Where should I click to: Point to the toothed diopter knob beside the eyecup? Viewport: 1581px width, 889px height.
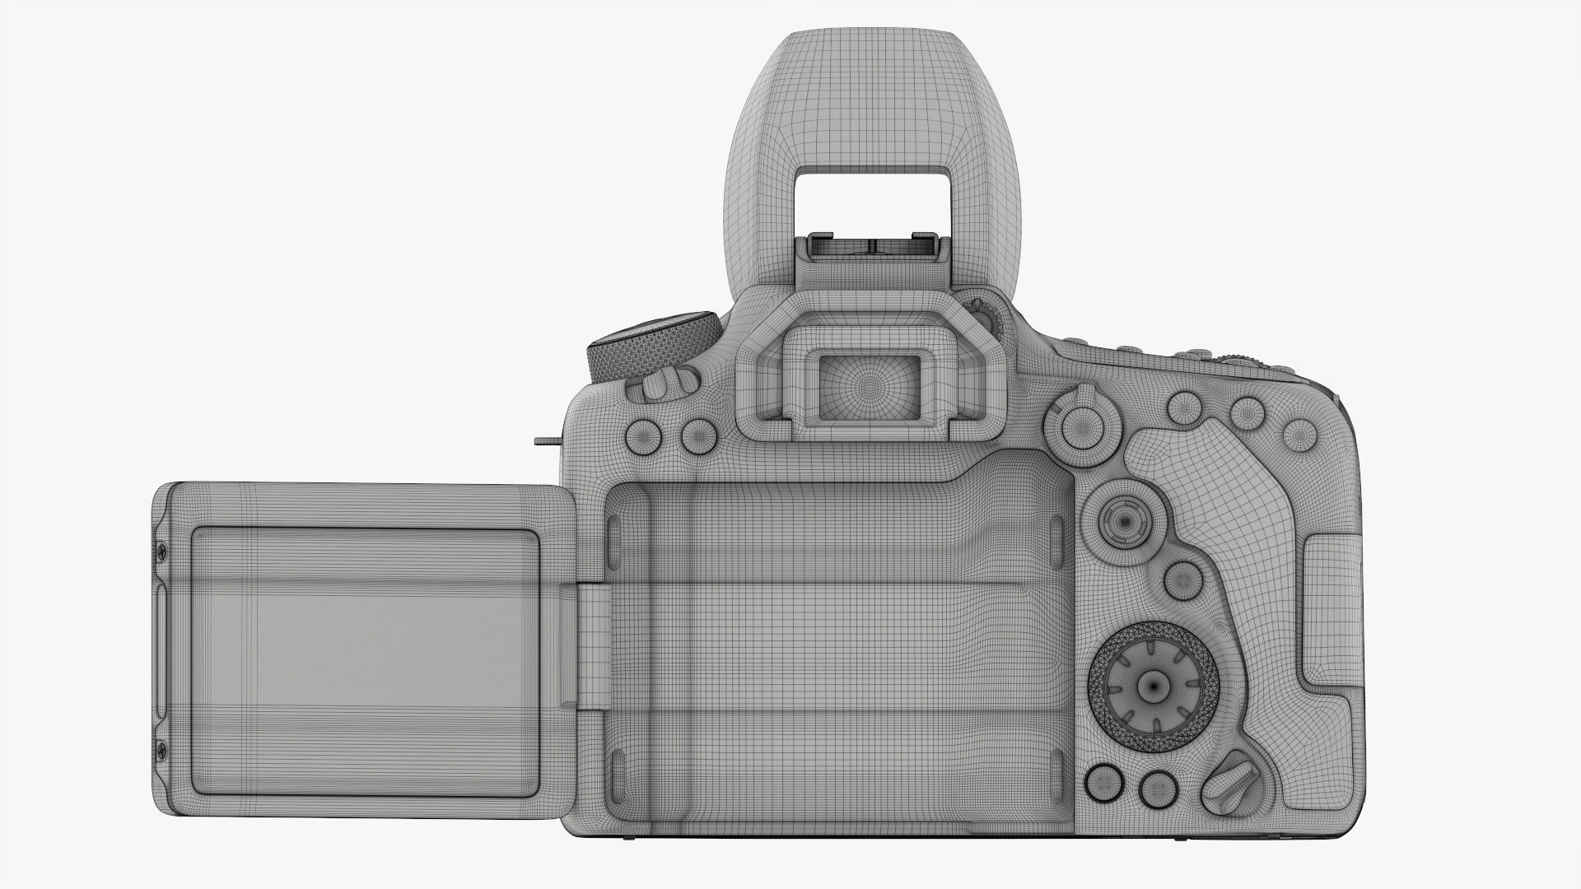coord(986,316)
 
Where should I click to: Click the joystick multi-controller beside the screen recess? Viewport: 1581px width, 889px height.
coord(1122,520)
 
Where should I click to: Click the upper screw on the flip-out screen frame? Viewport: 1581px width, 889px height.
coord(162,549)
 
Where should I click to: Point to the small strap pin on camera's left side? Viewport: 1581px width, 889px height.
coord(545,441)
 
